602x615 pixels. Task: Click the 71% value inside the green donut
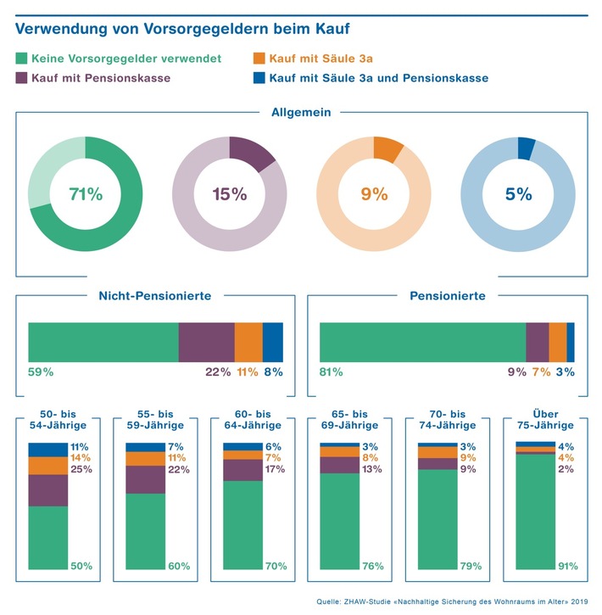click(85, 194)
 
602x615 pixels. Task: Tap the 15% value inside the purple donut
click(229, 194)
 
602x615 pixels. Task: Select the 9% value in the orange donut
click(374, 194)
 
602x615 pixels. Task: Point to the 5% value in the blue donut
click(518, 194)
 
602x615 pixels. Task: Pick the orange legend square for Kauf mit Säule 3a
click(259, 59)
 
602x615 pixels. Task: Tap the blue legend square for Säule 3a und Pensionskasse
click(259, 78)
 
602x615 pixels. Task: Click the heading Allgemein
click(301, 112)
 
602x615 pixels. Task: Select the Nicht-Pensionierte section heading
click(155, 296)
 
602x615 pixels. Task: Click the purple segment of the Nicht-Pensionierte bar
click(206, 343)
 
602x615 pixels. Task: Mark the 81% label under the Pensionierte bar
click(332, 372)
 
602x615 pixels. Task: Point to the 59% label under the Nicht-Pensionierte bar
click(41, 372)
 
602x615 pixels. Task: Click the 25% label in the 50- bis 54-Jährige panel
click(81, 469)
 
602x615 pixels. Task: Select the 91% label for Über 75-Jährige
click(567, 566)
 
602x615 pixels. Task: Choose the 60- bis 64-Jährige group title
click(252, 419)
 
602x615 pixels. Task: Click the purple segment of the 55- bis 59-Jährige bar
click(145, 479)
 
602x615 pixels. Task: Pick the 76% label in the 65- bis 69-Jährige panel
click(373, 566)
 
